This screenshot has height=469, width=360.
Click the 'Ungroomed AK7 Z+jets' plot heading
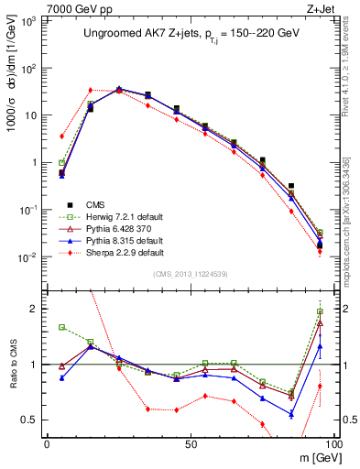(x=188, y=34)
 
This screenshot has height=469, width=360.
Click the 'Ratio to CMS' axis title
(x=14, y=365)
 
